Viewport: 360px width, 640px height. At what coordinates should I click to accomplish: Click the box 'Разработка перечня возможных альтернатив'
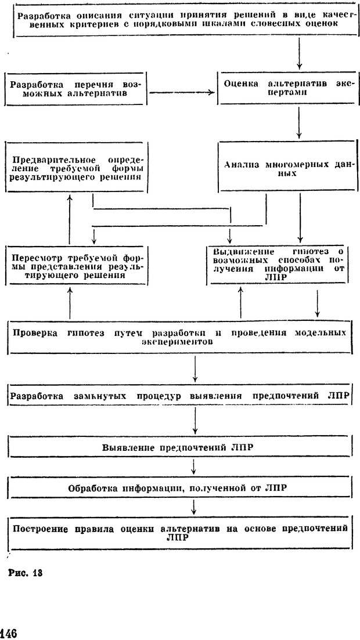tap(76, 88)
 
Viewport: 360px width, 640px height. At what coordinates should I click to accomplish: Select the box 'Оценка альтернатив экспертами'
tap(285, 88)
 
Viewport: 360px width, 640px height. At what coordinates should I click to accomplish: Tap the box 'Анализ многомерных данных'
tap(285, 169)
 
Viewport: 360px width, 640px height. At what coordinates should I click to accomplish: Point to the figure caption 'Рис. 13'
tap(26, 573)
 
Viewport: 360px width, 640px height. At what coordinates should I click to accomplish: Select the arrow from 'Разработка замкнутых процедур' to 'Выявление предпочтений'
tap(195, 421)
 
